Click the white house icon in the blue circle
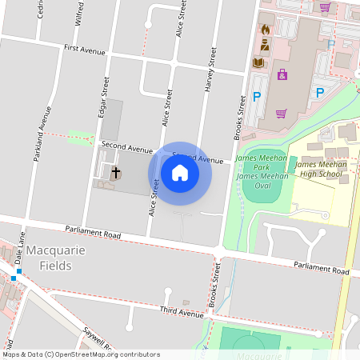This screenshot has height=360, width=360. coord(180,173)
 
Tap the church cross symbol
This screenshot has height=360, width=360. coord(115,172)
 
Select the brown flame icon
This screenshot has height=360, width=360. coord(265,30)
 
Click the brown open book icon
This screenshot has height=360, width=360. coord(258,62)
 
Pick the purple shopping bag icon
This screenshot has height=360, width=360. coord(282,74)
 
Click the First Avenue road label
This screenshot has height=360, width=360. coord(84,50)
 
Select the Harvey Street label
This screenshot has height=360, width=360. coord(213,69)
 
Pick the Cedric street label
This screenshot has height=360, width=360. coord(41,10)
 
